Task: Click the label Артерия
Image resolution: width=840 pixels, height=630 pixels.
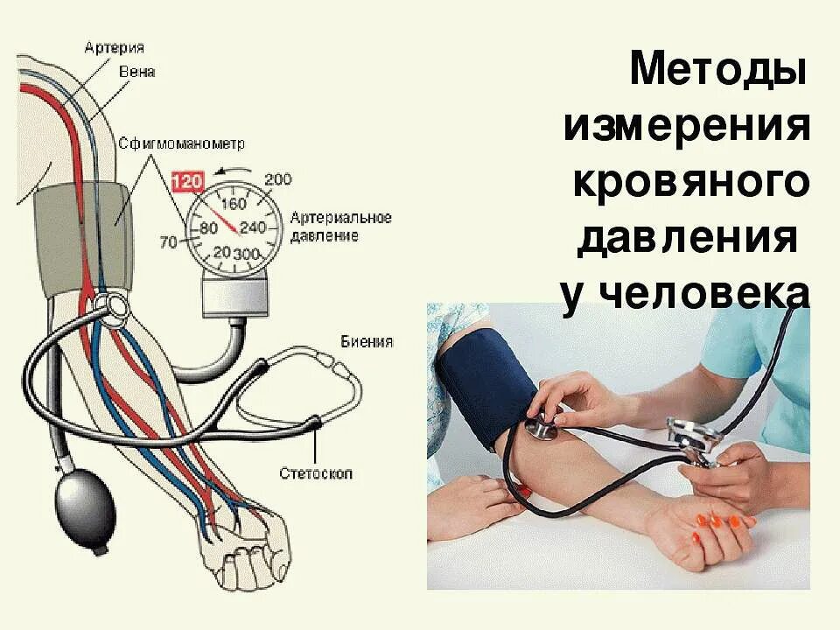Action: pos(114,47)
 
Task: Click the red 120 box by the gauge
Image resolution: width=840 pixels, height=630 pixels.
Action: pos(187,182)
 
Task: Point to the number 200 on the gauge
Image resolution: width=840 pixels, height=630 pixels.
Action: pos(276,180)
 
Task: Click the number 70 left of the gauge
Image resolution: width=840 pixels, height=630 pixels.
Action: pos(168,241)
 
